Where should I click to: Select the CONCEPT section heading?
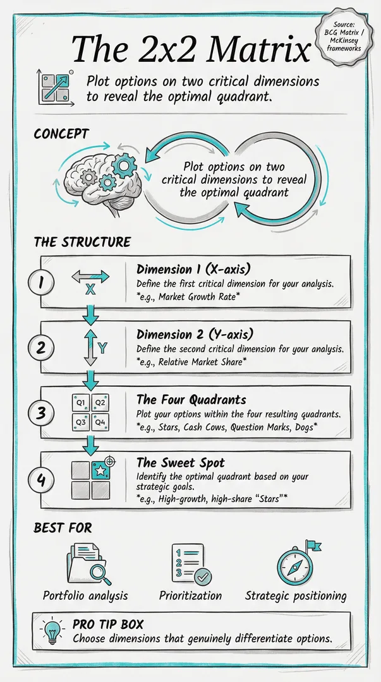[61, 134]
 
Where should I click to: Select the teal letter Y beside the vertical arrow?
[102, 348]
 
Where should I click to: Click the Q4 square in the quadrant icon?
[100, 422]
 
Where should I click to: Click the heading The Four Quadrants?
[191, 399]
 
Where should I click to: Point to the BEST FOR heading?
[63, 528]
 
